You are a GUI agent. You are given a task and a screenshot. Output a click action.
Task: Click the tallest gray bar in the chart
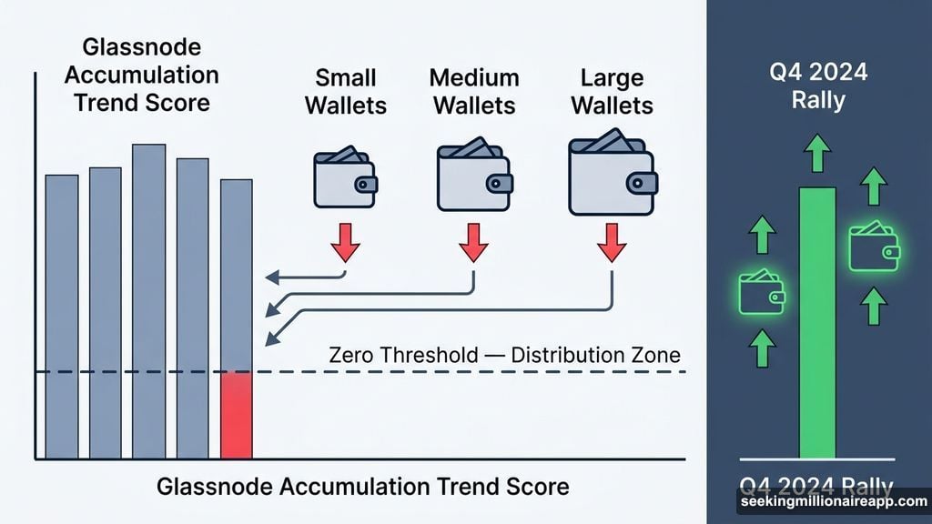click(x=148, y=300)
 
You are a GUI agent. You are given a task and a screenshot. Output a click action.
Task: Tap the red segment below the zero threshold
click(x=236, y=415)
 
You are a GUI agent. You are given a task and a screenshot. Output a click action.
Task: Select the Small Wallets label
click(x=346, y=91)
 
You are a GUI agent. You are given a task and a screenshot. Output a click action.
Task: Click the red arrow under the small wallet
click(x=345, y=241)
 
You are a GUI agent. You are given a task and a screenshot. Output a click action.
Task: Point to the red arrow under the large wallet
click(x=611, y=241)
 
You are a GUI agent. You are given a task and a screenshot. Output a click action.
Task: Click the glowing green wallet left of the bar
click(x=762, y=293)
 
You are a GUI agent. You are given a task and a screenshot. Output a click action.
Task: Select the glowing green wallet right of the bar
click(x=874, y=246)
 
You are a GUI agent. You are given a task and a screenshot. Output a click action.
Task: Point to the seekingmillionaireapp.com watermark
click(x=832, y=501)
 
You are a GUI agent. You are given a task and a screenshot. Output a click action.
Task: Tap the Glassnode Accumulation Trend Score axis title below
click(x=363, y=487)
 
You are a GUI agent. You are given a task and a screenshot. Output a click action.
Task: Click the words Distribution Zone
click(x=595, y=354)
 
